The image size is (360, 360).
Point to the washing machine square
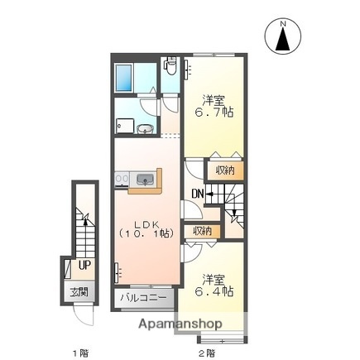pos(125,125)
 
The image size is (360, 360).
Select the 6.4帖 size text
pos(213,291)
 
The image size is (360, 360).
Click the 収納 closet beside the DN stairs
pos(225,170)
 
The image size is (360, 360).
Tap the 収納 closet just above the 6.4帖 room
pos(202,231)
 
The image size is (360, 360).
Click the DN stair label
pos(198,194)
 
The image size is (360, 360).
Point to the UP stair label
pos(84,266)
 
